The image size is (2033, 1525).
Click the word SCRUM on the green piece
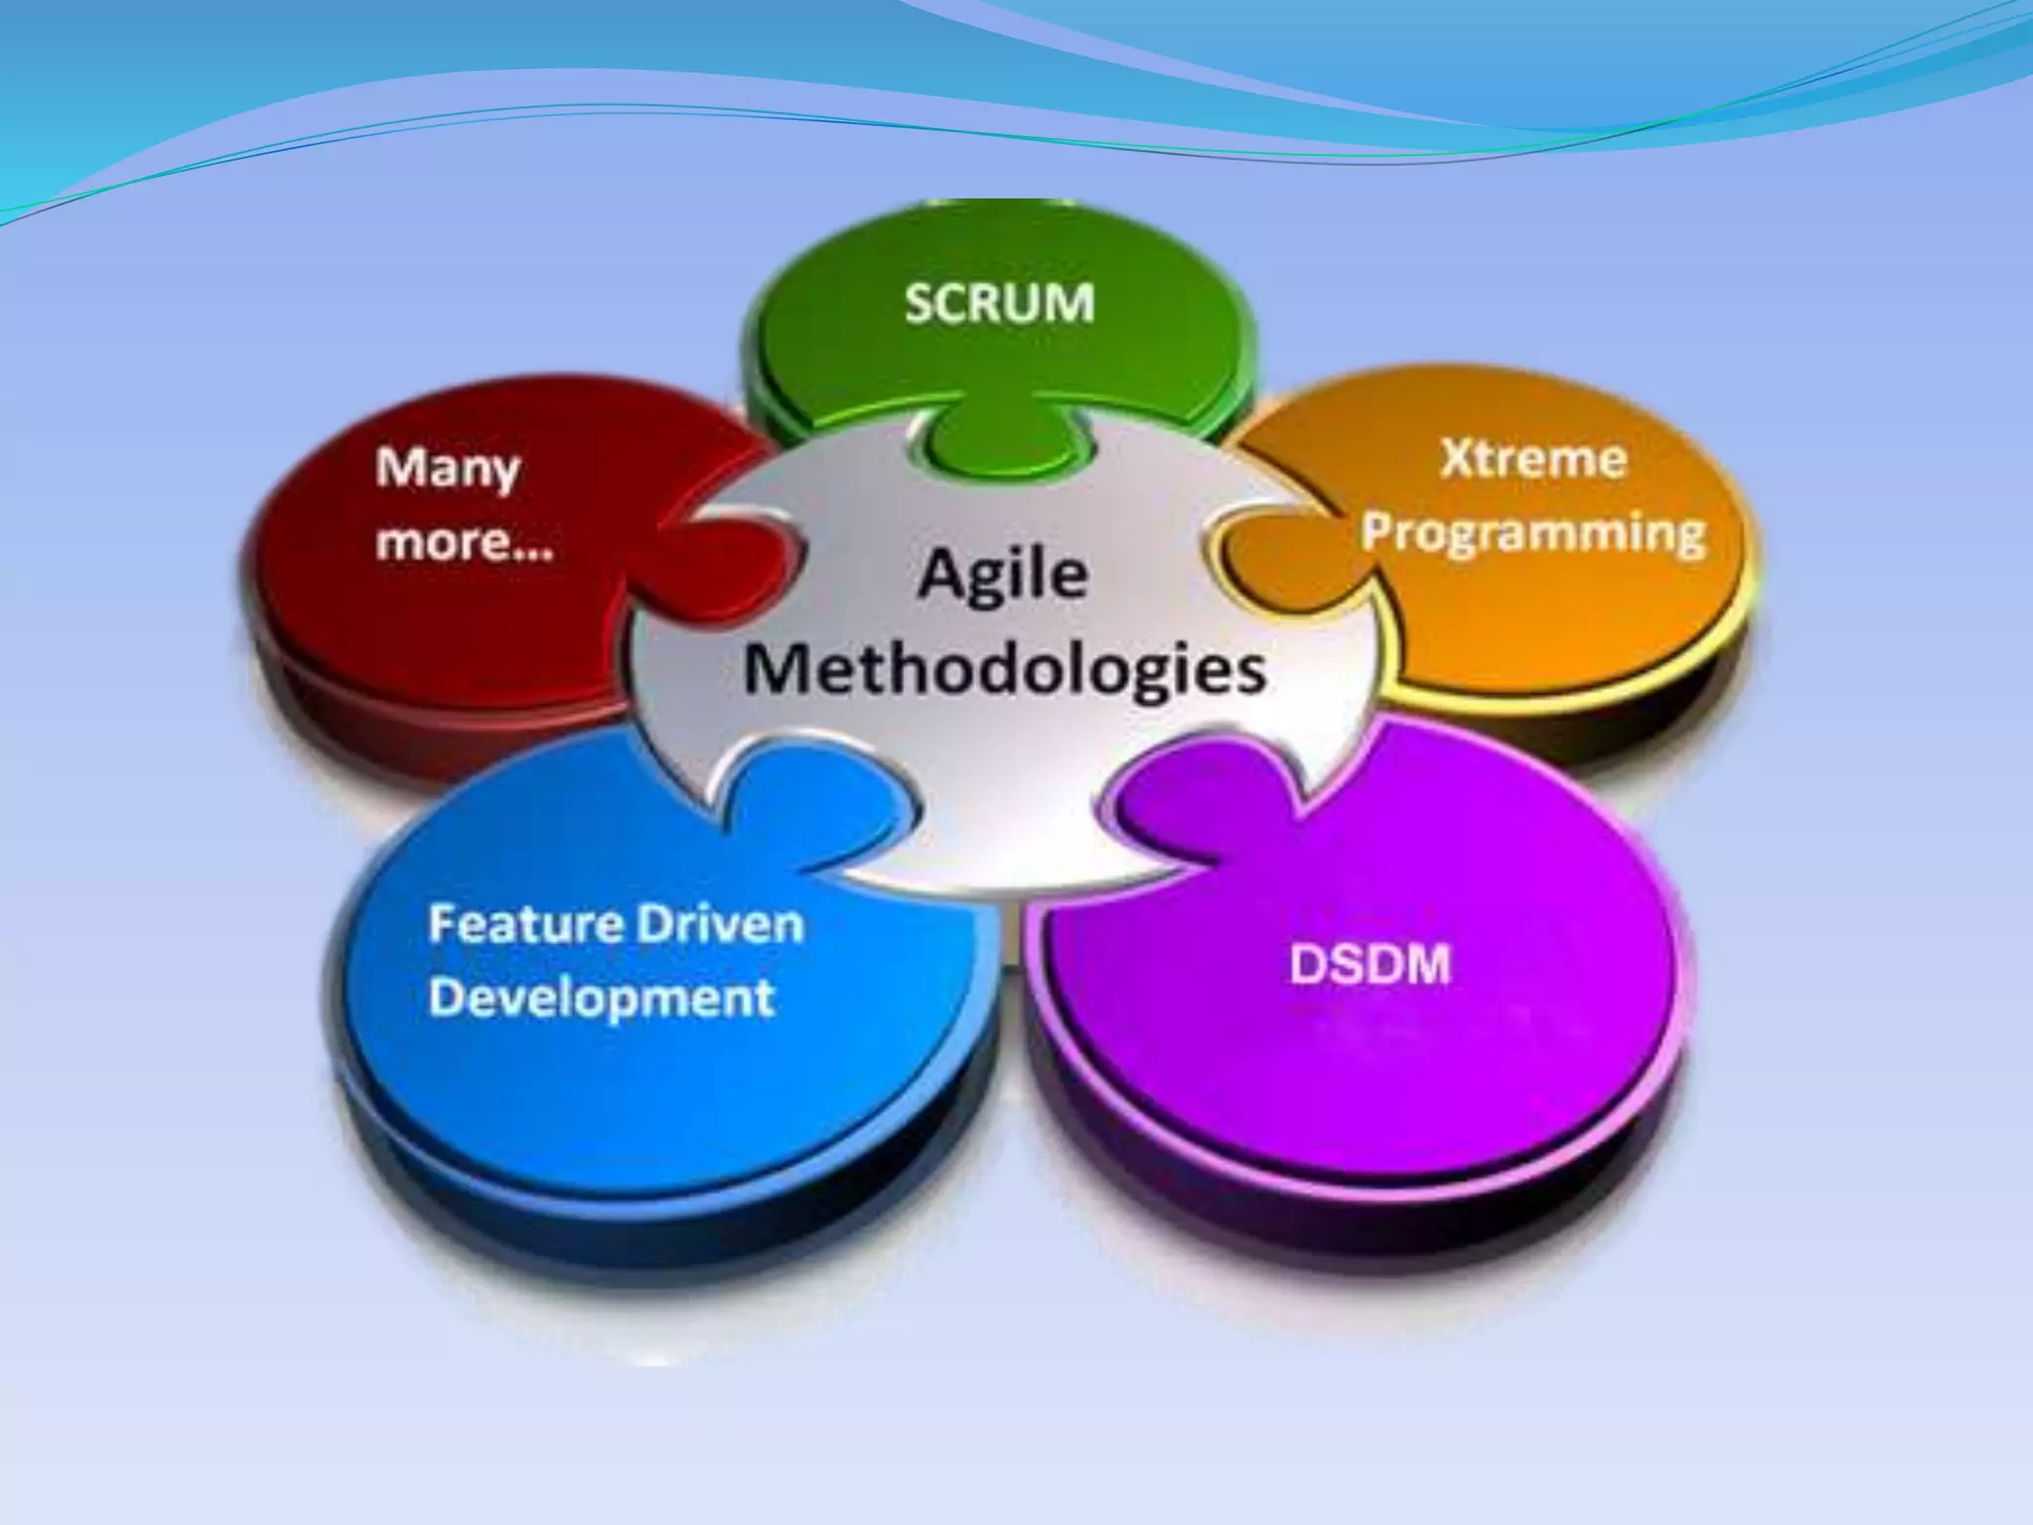pos(999,302)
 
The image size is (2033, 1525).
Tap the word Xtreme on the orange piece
pos(1534,460)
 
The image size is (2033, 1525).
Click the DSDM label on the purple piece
pos(1370,964)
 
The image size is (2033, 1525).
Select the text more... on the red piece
pos(465,542)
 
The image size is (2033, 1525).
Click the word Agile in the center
pos(1003,576)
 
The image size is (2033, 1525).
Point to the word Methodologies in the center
pos(1005,670)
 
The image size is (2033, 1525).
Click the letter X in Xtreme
pos(1457,460)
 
